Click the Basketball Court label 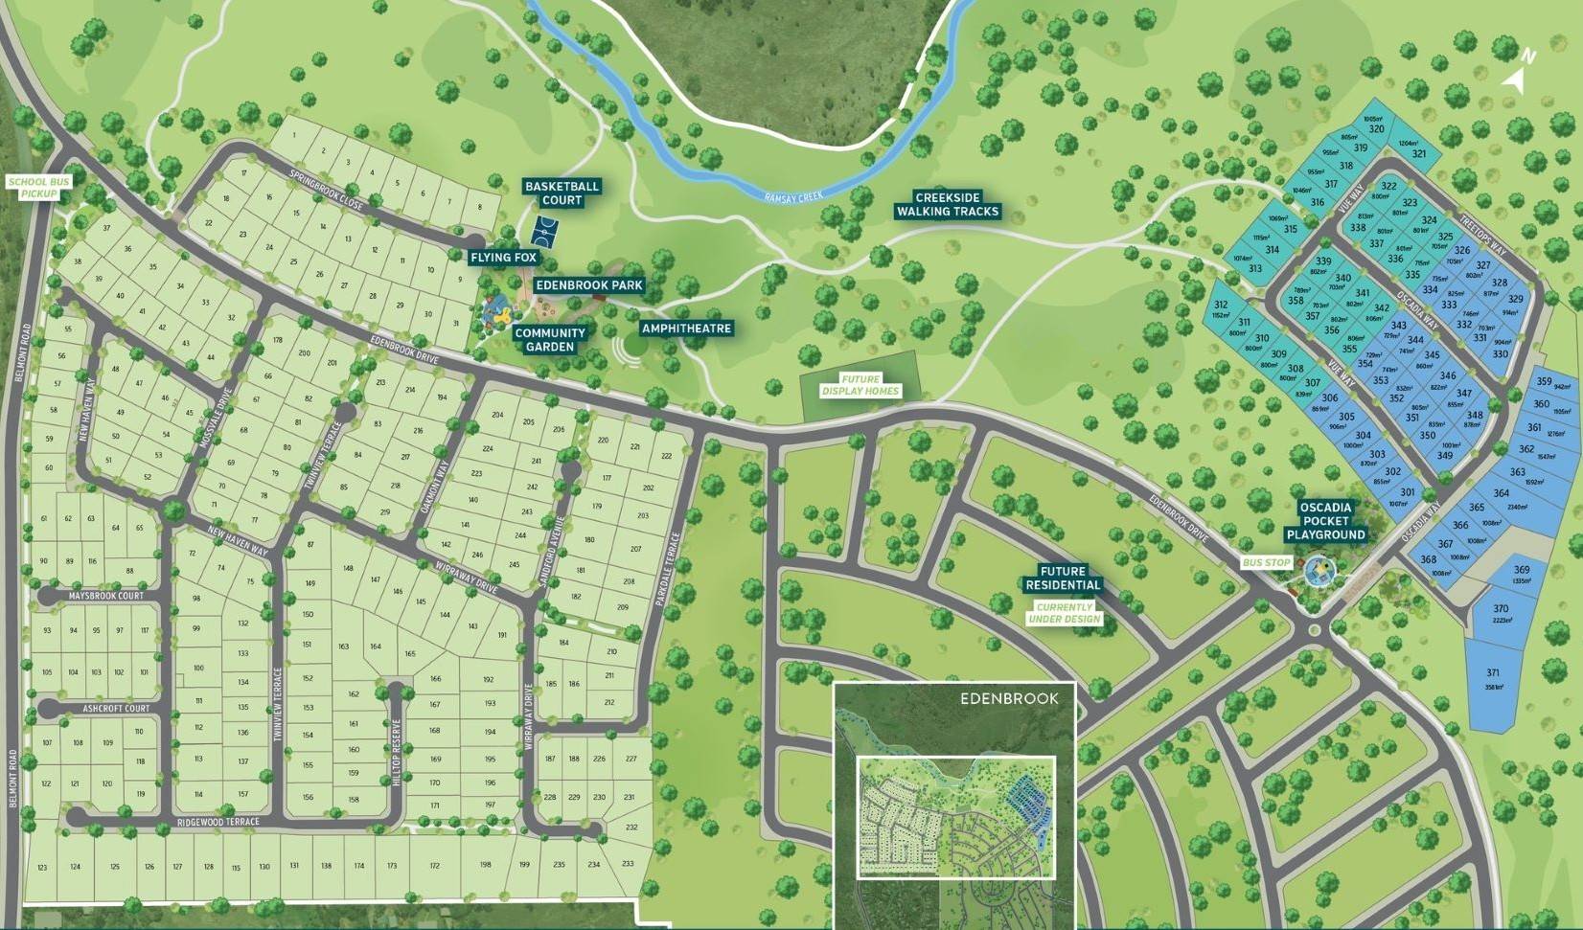562,193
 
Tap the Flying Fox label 504,258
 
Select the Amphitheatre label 686,329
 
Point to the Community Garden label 550,340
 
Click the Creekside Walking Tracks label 948,205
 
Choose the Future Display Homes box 860,385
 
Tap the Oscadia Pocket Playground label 1326,522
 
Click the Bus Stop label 1266,563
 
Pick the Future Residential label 1063,578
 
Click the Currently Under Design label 1064,613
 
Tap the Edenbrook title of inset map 1009,699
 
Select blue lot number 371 1493,673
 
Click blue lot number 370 1501,609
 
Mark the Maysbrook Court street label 105,596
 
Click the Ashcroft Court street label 116,709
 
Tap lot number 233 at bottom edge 628,864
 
